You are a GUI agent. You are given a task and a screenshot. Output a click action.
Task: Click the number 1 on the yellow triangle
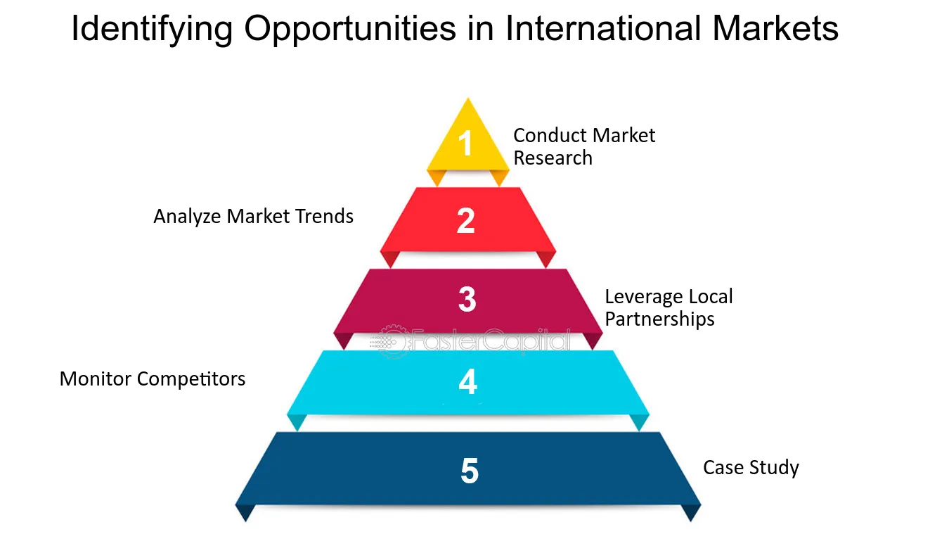coord(465,143)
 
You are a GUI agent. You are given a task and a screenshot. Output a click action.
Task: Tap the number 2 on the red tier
coord(465,220)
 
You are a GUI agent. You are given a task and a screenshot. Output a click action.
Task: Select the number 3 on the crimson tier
coord(467,299)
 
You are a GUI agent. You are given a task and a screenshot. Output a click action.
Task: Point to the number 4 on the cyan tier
coord(468,381)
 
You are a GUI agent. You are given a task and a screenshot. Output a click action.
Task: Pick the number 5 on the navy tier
coord(470,470)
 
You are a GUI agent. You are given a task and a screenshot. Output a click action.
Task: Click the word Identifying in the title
coord(152,29)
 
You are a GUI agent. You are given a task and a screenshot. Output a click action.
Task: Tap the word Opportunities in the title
coord(350,29)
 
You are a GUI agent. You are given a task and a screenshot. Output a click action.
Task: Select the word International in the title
coord(603,28)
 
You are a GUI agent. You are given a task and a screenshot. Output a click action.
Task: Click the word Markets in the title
coord(775,28)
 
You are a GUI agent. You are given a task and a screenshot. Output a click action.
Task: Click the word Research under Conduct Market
coord(553,158)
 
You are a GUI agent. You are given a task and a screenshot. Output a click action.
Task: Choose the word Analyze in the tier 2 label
coord(187,217)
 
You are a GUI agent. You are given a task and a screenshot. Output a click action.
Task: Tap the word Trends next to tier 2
coord(324,216)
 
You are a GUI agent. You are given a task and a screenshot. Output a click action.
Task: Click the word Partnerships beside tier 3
coord(659,319)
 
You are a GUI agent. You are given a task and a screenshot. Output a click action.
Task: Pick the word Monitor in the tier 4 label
coord(96,378)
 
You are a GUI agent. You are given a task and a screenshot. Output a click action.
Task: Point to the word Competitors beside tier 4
coord(191,379)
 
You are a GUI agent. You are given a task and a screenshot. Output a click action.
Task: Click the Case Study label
coord(751,468)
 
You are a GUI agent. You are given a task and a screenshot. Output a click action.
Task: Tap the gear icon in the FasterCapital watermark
coord(394,342)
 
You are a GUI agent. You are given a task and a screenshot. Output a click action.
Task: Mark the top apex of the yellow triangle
coord(467,98)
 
